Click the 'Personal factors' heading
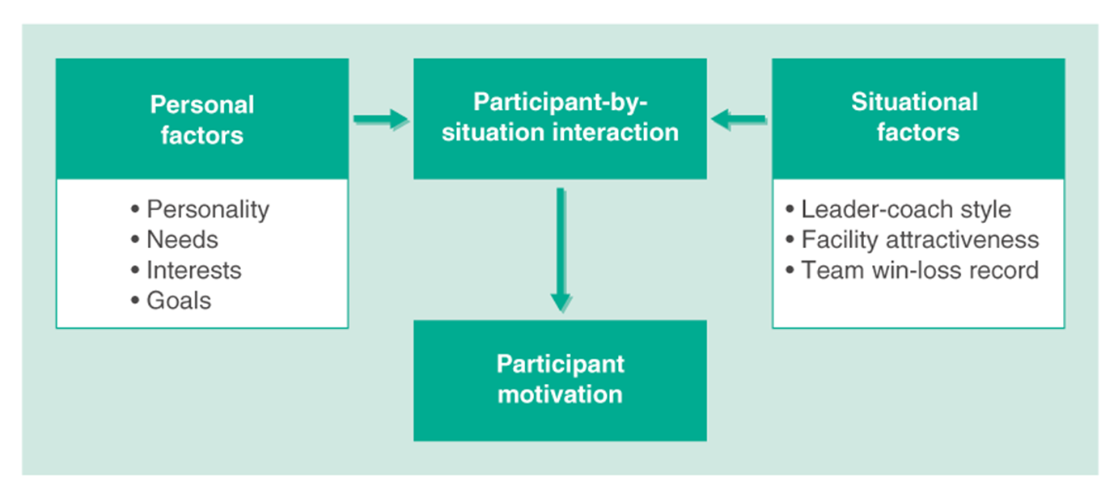click(x=201, y=119)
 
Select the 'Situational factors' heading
click(x=917, y=116)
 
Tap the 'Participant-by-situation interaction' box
click(x=560, y=118)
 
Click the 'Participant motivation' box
click(x=560, y=379)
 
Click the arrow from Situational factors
click(x=739, y=120)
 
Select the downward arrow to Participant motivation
click(x=561, y=250)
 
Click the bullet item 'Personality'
click(x=207, y=209)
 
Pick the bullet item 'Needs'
click(x=182, y=240)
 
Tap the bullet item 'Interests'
click(x=193, y=270)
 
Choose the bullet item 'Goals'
click(x=178, y=301)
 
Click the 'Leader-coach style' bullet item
click(x=905, y=209)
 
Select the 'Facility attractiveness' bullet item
click(x=920, y=240)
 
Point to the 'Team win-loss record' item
click(x=920, y=270)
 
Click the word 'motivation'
click(x=560, y=394)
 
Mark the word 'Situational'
click(x=914, y=102)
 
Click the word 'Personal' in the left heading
click(x=202, y=105)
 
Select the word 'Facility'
click(x=838, y=240)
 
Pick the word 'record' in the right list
click(x=1002, y=270)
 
